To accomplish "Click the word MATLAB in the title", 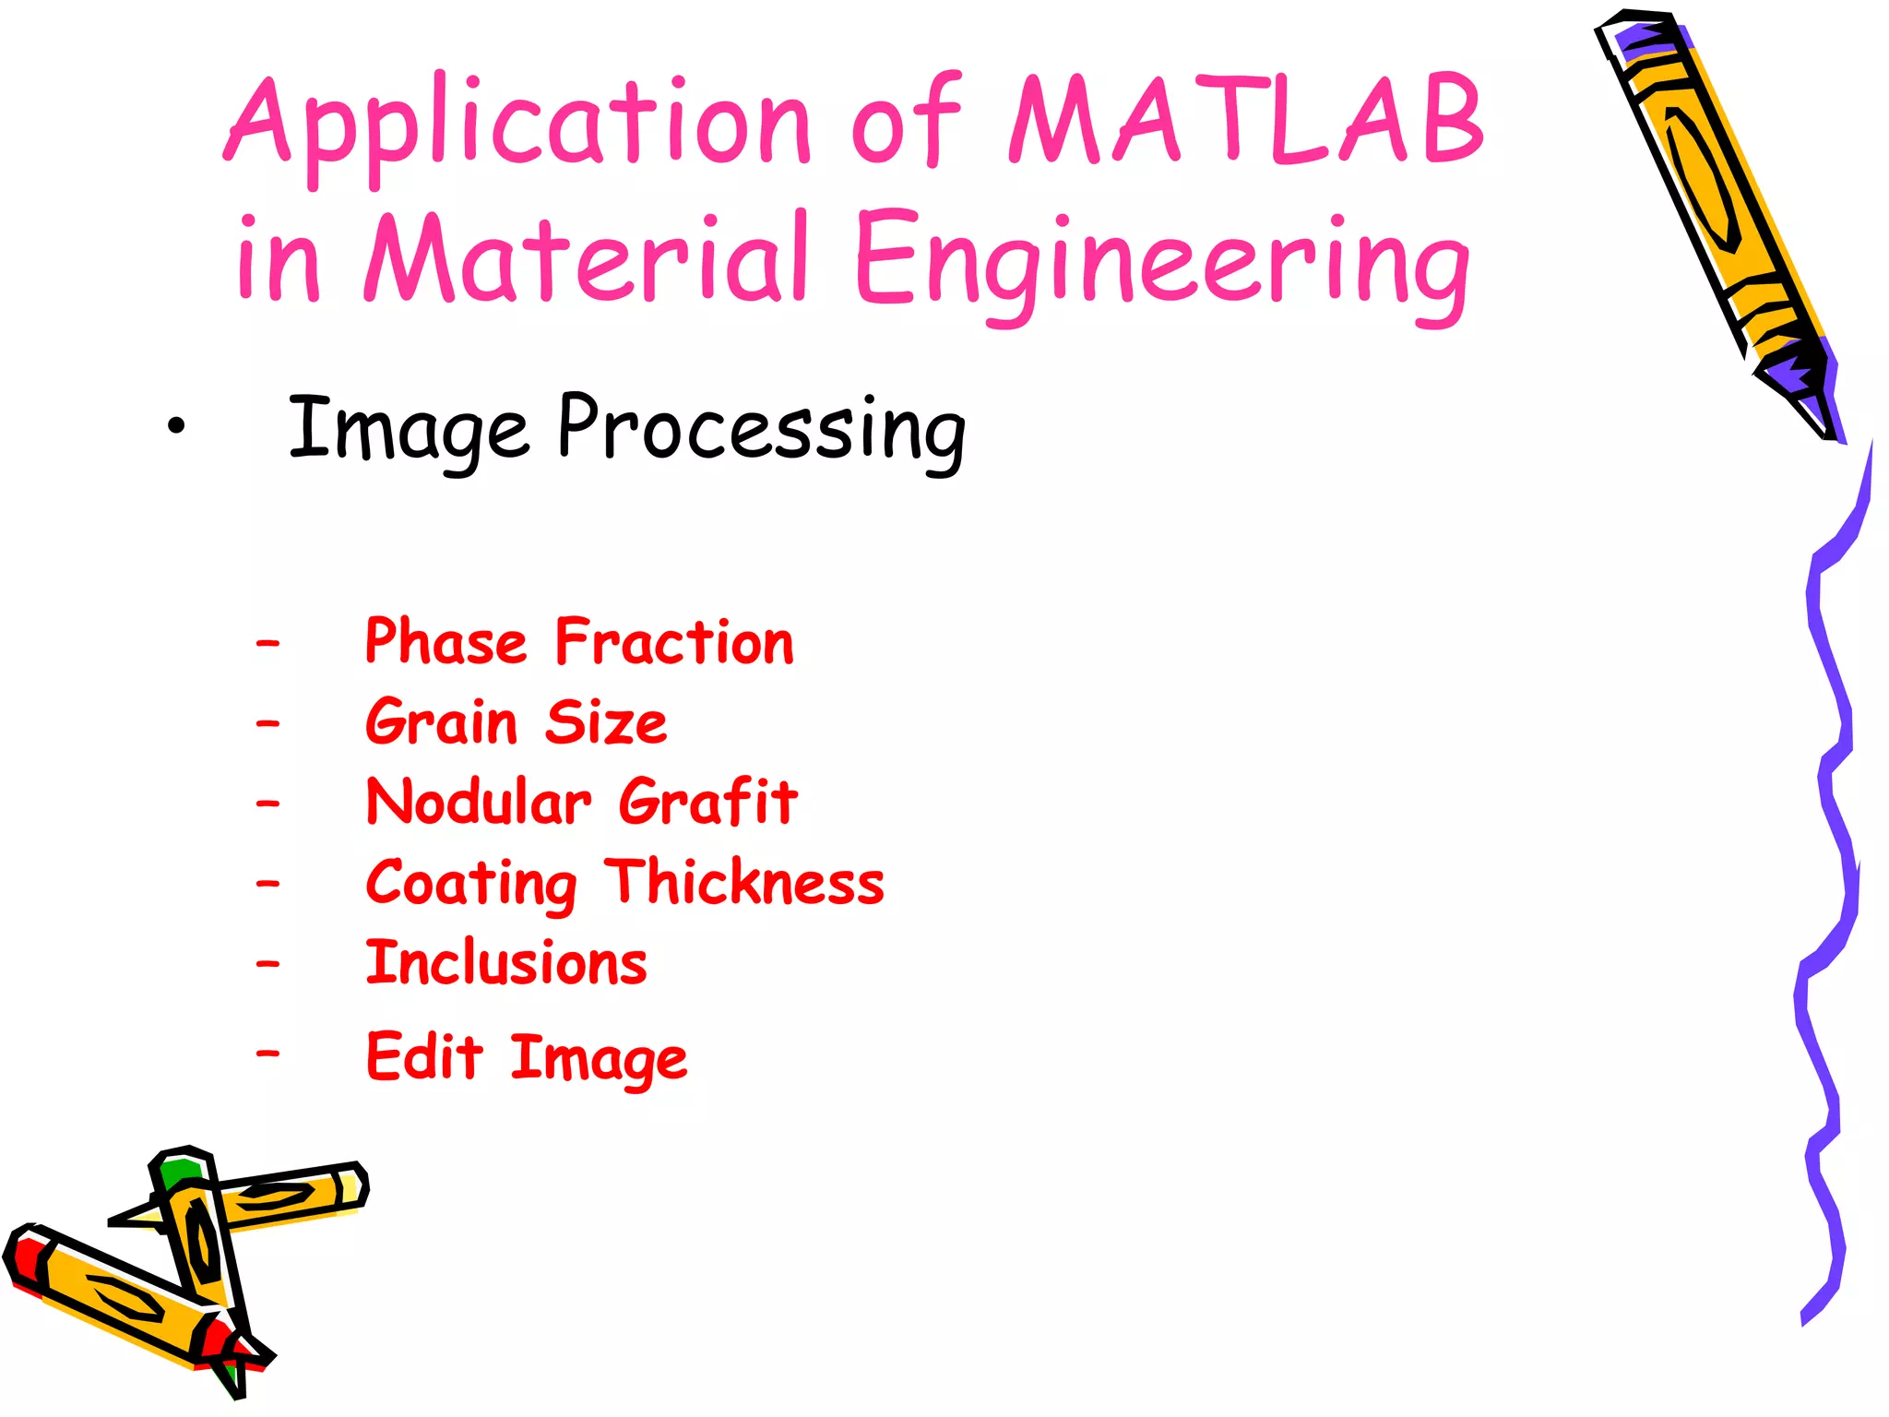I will (1245, 120).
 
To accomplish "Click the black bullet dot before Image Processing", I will (176, 427).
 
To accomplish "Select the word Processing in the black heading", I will (762, 429).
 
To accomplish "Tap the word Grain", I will (442, 722).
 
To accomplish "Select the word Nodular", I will (479, 802).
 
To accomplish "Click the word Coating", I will (471, 884).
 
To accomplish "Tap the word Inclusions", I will (506, 963).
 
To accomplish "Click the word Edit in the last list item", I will (424, 1056).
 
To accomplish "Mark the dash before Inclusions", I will (267, 965).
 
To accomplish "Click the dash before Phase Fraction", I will (267, 643).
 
